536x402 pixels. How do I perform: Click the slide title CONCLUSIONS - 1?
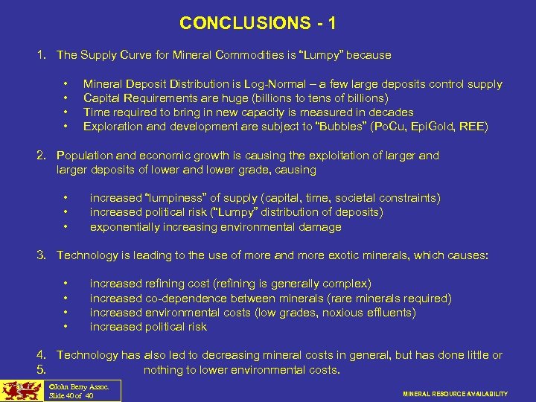(x=258, y=24)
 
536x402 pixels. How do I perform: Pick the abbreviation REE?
(x=471, y=127)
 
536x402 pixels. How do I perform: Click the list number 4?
(x=42, y=355)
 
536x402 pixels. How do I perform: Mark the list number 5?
(x=42, y=370)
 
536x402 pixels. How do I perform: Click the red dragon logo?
(x=21, y=391)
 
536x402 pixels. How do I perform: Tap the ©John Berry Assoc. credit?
(x=78, y=386)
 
